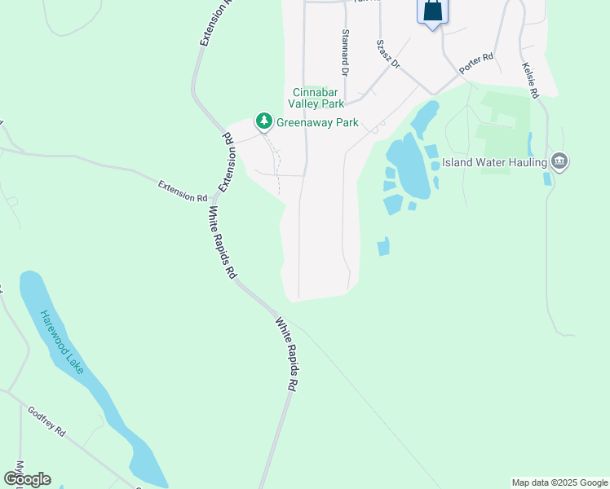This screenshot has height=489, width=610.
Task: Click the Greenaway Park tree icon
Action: [263, 122]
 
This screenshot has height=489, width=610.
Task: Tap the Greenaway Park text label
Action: [317, 123]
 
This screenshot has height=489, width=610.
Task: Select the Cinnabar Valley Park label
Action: [316, 98]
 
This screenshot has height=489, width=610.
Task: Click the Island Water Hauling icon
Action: [559, 161]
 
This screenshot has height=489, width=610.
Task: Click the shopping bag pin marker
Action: [432, 11]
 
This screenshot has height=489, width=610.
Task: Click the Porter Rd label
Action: [477, 64]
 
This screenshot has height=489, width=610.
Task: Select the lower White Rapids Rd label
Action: [290, 353]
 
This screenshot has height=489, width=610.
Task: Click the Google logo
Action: [28, 479]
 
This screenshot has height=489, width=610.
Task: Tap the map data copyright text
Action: [559, 482]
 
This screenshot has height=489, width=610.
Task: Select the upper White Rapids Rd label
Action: [221, 243]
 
